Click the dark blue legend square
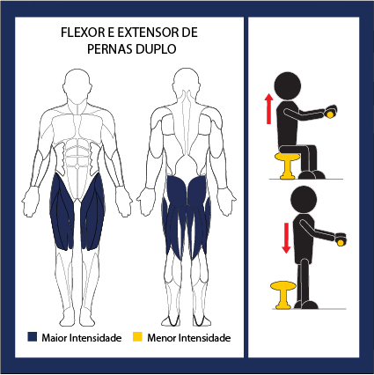(x=33, y=337)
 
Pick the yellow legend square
(x=137, y=337)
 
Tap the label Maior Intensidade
(x=82, y=338)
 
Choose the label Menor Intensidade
(x=189, y=338)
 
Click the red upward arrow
(x=268, y=108)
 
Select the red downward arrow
(x=286, y=238)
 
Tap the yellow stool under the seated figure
(x=288, y=165)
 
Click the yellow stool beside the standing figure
(x=283, y=295)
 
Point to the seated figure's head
(x=288, y=85)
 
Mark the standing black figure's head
(x=304, y=200)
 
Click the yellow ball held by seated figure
(x=330, y=114)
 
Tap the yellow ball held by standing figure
(x=341, y=243)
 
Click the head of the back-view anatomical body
(x=187, y=84)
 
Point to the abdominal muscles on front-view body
(x=77, y=160)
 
